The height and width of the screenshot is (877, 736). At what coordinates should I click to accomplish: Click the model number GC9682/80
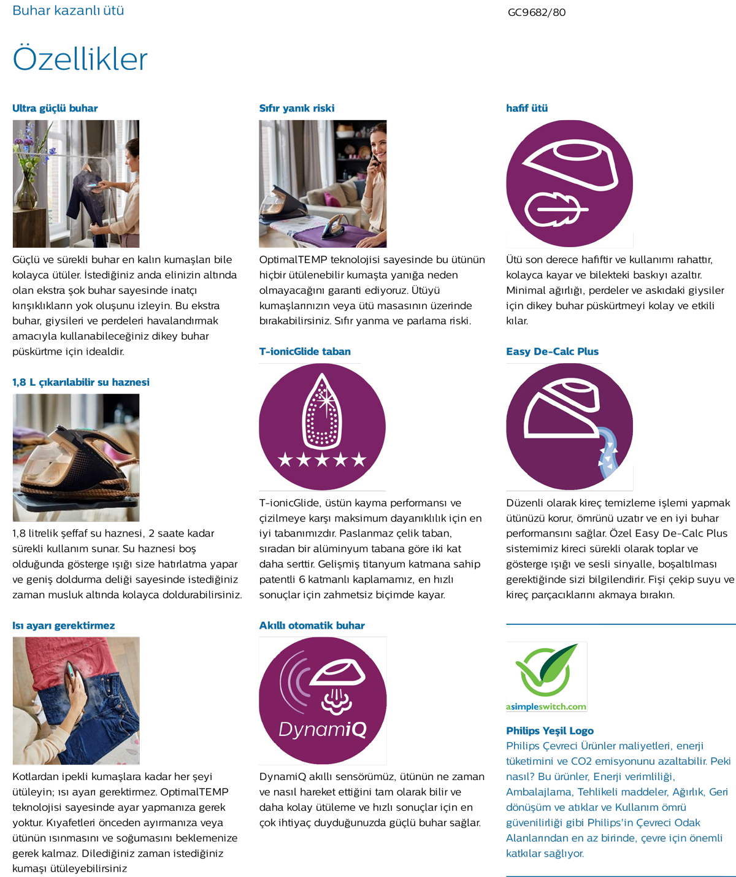[537, 13]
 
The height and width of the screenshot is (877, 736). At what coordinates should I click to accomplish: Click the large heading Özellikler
[80, 58]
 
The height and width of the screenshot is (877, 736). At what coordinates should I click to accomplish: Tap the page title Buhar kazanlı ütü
[68, 10]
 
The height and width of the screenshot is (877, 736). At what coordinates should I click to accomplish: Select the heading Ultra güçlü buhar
[55, 109]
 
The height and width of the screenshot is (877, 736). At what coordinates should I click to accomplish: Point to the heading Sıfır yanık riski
[297, 109]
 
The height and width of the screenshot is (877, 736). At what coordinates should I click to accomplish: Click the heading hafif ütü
[527, 109]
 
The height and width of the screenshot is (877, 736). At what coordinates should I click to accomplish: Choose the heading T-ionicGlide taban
[305, 351]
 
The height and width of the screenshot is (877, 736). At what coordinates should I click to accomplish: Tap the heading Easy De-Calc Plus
[552, 351]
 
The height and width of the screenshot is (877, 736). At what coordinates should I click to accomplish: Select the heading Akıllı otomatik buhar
[312, 626]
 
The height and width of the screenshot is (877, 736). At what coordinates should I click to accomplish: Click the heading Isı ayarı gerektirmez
[63, 626]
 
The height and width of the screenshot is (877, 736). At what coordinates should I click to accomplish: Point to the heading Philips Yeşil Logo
[550, 731]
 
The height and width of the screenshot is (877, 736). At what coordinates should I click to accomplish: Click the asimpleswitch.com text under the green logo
[546, 707]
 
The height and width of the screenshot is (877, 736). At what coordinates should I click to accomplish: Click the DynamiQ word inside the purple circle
[323, 730]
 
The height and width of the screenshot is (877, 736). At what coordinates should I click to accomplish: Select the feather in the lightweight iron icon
[556, 209]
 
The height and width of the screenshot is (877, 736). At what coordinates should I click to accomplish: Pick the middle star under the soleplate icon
[322, 459]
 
